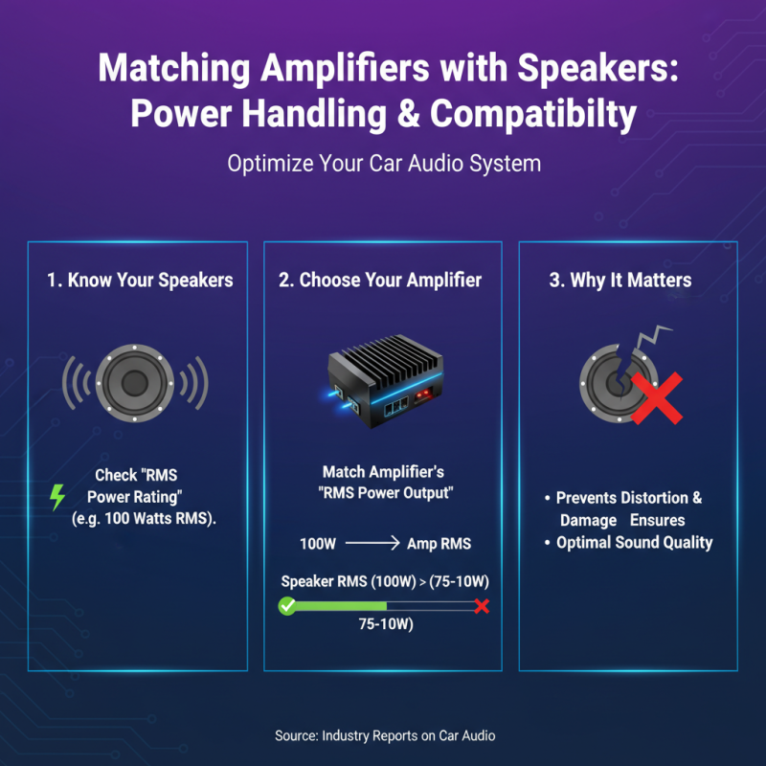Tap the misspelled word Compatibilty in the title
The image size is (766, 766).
pos(534,114)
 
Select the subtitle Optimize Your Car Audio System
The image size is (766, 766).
pos(383,163)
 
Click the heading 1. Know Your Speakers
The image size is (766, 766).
pos(140,281)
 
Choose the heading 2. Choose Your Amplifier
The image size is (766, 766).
pos(380,281)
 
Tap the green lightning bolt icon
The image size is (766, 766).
pos(57,496)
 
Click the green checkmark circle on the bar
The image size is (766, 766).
pos(285,606)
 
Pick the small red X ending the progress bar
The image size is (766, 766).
pos(482,606)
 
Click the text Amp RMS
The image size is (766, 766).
pos(439,544)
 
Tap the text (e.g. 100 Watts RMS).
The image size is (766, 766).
pos(144,519)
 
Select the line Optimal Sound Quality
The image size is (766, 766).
pos(635,542)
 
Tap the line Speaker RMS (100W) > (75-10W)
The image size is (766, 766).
pos(383,581)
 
